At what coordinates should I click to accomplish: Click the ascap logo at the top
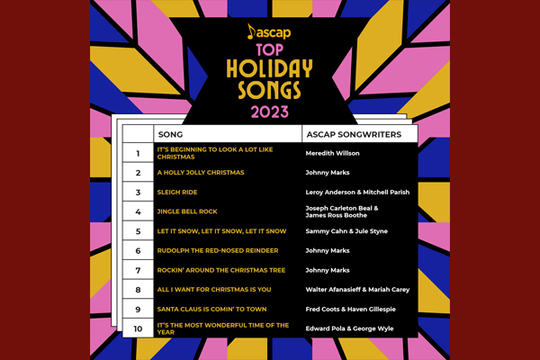[x=269, y=32]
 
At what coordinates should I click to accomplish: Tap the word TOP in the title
[x=270, y=50]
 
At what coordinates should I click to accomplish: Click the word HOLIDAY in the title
[x=270, y=68]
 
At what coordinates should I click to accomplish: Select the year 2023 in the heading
[x=270, y=112]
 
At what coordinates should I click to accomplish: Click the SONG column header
[x=170, y=135]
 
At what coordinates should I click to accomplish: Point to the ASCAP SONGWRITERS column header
[x=354, y=135]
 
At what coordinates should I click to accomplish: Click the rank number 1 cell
[x=138, y=153]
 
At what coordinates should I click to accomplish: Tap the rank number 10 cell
[x=138, y=328]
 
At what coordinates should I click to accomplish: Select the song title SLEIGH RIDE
[x=177, y=193]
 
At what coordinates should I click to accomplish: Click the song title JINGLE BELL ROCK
[x=187, y=211]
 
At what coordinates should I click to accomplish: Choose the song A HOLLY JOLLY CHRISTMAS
[x=201, y=173]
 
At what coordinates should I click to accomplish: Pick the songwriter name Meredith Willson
[x=332, y=153]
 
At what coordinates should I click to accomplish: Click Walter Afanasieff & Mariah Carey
[x=357, y=290]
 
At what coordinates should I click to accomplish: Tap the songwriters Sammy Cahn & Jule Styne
[x=346, y=231]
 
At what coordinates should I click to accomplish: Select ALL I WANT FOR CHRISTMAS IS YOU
[x=214, y=290]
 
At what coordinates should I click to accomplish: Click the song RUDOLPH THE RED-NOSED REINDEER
[x=218, y=251]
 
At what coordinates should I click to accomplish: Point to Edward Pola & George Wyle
[x=349, y=328]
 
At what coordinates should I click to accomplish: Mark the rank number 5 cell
[x=138, y=231]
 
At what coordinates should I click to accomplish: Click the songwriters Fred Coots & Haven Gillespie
[x=351, y=310]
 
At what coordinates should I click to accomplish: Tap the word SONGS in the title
[x=270, y=90]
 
